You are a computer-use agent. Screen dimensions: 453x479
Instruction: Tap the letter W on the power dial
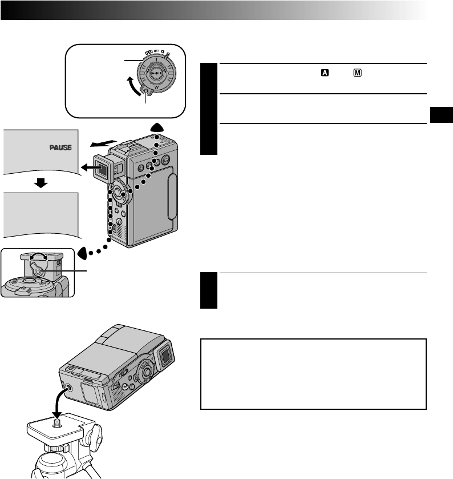click(x=156, y=87)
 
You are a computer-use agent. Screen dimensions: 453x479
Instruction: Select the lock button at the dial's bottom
click(x=147, y=91)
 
